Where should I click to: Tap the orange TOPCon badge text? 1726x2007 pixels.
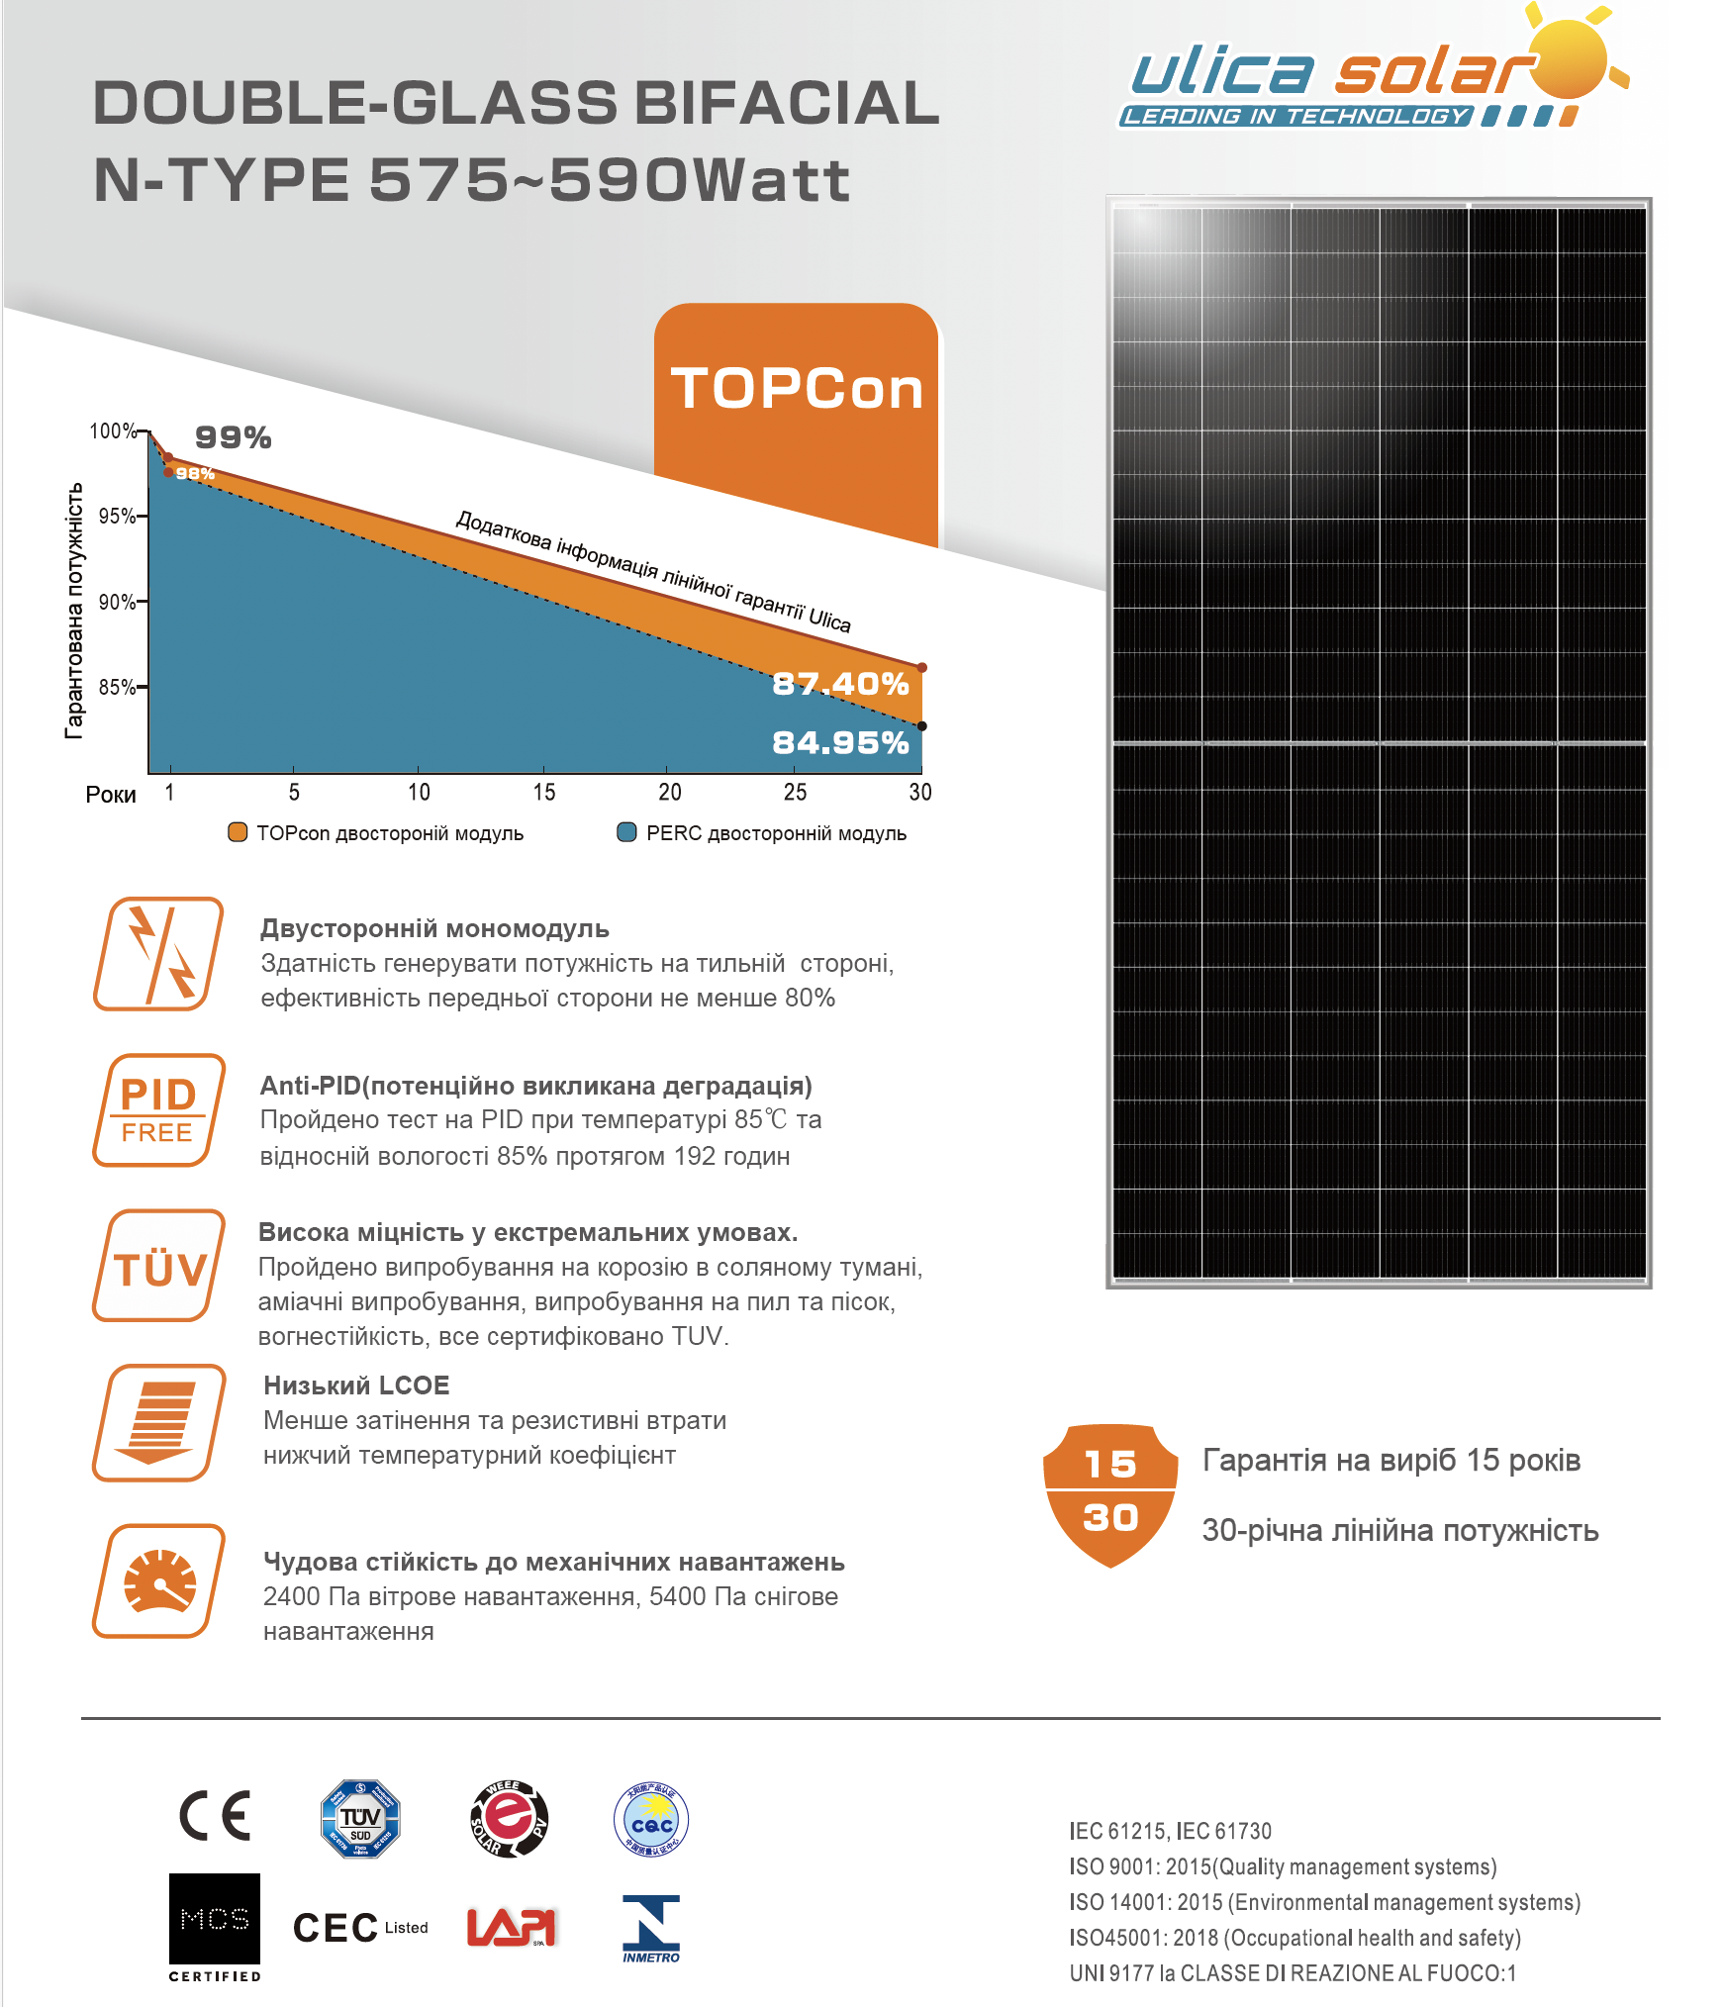click(797, 388)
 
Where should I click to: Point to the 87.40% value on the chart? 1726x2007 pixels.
click(840, 684)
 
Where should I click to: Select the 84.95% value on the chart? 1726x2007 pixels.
click(840, 742)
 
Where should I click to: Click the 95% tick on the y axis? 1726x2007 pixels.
click(118, 516)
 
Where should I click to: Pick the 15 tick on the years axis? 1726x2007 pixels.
click(544, 792)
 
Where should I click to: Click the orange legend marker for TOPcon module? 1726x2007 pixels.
click(238, 832)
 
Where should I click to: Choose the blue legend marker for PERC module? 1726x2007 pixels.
click(626, 832)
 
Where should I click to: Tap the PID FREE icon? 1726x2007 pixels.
click(158, 1110)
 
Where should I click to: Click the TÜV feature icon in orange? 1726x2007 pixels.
click(158, 1267)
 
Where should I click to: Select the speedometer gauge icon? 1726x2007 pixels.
click(158, 1581)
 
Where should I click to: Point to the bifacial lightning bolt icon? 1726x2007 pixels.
click(158, 954)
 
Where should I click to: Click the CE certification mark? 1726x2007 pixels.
click(215, 1816)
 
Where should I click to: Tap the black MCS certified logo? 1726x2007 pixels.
click(215, 1920)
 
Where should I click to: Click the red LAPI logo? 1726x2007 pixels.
click(512, 1927)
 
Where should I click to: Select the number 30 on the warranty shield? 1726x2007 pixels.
click(1110, 1517)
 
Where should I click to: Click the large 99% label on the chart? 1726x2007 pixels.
click(233, 437)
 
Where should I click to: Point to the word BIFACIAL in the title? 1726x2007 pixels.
click(787, 103)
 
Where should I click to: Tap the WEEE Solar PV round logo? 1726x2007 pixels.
click(509, 1819)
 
